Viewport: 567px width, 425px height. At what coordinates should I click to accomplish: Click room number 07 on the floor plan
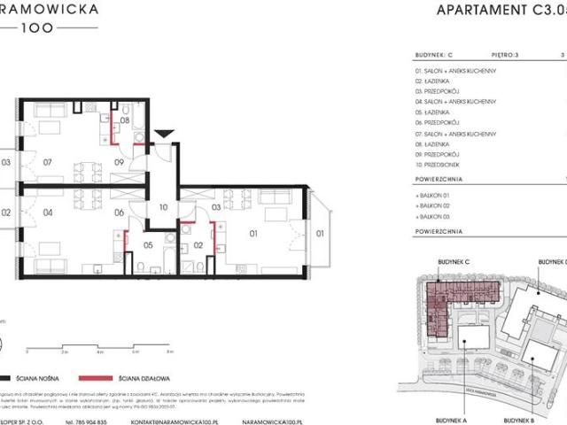[48, 163]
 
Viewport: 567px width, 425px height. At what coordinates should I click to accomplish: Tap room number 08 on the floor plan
[125, 120]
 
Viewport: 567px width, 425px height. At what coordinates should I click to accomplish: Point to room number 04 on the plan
[48, 212]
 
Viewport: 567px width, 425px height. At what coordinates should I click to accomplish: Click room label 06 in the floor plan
[120, 212]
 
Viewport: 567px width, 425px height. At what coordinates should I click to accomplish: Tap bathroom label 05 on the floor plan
[149, 245]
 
